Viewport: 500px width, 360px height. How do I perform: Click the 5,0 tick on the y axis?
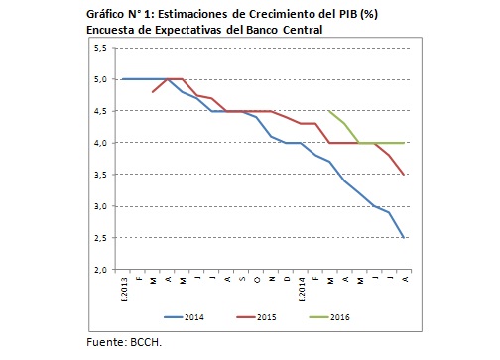102,79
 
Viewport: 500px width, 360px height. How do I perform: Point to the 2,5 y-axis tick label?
102,238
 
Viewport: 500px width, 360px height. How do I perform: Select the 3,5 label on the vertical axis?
102,175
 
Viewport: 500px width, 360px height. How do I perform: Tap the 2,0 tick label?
102,270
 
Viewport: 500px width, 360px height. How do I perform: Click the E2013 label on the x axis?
122,287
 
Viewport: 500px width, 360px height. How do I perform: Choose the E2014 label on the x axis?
301,287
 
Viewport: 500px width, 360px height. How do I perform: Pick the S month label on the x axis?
241,283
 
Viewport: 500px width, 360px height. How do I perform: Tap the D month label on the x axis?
286,283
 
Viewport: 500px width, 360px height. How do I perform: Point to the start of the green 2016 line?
330,111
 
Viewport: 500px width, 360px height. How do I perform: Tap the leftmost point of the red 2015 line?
152,91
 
